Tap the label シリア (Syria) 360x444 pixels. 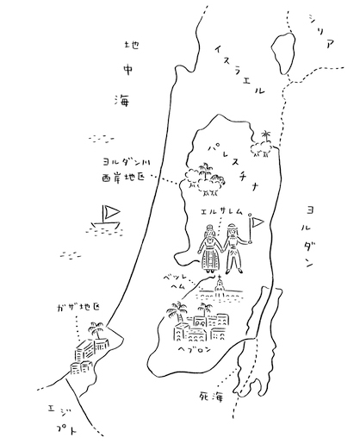[322, 31]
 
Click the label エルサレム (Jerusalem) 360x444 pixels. [222, 212]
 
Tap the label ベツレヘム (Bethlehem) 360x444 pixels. [175, 281]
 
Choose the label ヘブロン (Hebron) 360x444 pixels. [195, 349]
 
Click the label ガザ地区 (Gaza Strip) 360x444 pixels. [78, 308]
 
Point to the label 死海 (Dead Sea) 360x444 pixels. [211, 397]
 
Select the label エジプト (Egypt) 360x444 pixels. [63, 420]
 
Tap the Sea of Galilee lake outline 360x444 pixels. [283, 53]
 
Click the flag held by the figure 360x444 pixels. [258, 222]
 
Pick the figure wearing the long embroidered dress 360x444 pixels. [210, 249]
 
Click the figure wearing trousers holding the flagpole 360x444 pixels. [234, 249]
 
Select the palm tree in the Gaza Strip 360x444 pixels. [96, 330]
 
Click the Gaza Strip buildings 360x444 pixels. [89, 355]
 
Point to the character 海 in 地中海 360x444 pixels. [122, 100]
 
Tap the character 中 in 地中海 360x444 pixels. [127, 70]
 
